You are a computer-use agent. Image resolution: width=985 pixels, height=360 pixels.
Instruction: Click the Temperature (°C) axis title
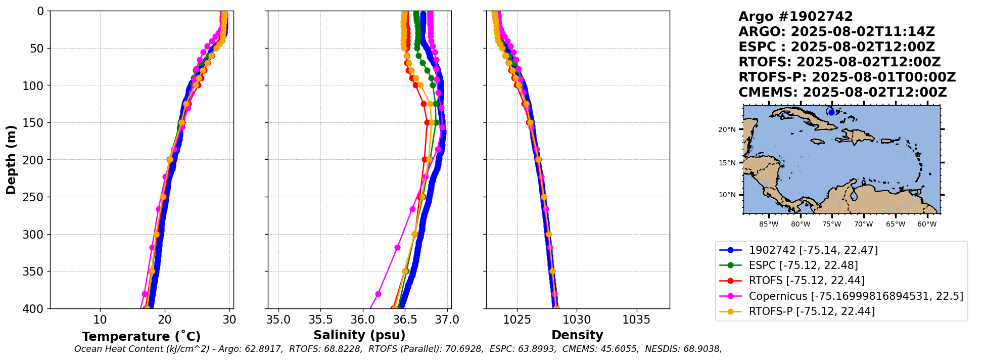(x=141, y=337)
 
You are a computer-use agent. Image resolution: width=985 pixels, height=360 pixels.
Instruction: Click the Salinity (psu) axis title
(x=359, y=335)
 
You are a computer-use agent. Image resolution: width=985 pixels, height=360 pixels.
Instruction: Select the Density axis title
(x=577, y=335)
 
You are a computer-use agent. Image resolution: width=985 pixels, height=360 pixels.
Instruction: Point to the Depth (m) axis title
(x=11, y=160)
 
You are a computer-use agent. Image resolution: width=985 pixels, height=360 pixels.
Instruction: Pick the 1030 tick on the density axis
(x=577, y=320)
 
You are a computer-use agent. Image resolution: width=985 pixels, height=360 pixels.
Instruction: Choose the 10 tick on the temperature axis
(x=100, y=320)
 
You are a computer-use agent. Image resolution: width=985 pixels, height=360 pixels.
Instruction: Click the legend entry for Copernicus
(x=856, y=296)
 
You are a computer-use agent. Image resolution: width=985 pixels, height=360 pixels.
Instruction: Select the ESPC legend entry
(x=803, y=265)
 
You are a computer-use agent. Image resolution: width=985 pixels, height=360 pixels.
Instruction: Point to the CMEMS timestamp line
(x=842, y=93)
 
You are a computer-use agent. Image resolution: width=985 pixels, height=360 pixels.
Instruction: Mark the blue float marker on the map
(x=831, y=112)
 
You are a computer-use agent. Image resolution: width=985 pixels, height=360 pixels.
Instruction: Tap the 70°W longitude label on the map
(x=863, y=224)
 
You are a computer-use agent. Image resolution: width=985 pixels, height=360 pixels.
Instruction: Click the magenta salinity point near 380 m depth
(x=378, y=294)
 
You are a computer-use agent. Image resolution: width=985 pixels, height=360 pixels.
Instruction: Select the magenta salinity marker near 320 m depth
(x=397, y=247)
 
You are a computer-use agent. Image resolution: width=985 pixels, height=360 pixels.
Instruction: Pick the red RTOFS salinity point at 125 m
(x=424, y=104)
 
